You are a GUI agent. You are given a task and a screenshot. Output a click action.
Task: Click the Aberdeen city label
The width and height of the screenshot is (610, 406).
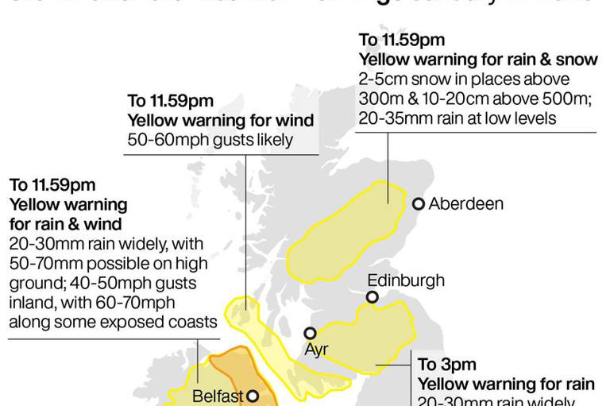465,204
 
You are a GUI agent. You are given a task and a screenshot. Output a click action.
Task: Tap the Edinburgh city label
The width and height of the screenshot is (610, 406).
405,280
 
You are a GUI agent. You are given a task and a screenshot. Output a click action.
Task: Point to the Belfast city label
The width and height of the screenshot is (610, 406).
216,395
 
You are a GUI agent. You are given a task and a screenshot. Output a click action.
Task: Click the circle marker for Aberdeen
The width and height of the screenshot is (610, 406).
419,204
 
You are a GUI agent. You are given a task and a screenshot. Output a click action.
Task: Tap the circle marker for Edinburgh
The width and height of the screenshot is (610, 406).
372,297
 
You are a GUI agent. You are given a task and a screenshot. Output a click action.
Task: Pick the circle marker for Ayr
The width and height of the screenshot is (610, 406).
311,333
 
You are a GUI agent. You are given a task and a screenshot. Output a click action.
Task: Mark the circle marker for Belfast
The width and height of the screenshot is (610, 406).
252,395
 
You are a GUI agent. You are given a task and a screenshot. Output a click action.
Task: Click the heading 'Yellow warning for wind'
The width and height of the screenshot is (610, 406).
220,120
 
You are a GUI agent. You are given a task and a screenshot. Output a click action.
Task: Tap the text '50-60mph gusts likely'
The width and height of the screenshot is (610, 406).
210,140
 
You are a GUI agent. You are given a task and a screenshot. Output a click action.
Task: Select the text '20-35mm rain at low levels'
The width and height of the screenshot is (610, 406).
457,118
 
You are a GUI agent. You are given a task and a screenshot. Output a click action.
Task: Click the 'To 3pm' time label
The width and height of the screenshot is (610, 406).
446,365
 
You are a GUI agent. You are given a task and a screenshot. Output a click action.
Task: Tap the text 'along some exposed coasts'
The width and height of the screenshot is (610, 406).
112,322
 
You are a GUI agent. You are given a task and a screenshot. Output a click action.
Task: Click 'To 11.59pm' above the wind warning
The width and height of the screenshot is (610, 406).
170,101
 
